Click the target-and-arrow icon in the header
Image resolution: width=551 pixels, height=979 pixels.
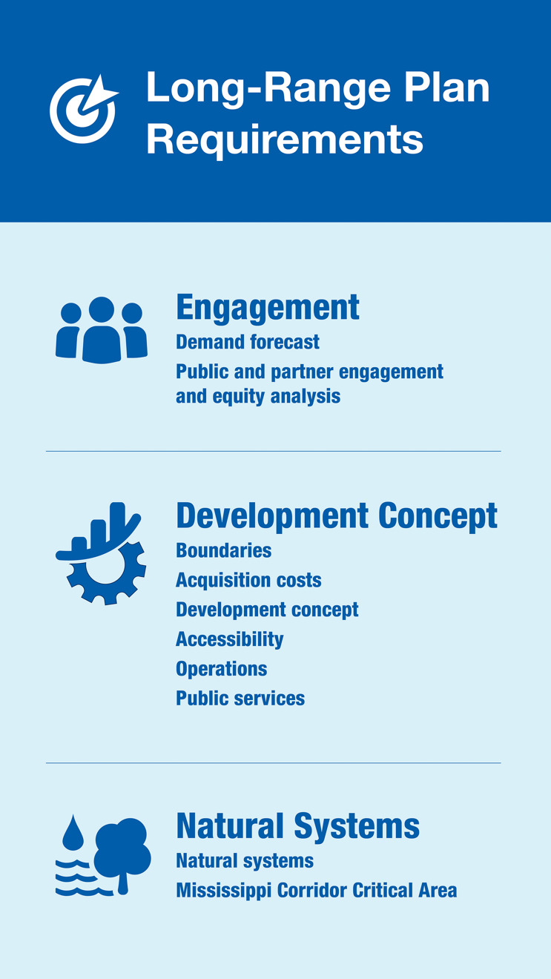point(83,109)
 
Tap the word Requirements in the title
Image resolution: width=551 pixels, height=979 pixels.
point(285,140)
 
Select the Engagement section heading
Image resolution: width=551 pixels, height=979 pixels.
point(268,308)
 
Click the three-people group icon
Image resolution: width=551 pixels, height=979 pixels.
point(102,330)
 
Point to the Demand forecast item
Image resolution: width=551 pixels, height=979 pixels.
point(247,342)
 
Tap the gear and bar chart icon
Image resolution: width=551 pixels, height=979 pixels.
point(101,553)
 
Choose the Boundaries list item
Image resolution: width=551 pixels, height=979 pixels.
point(224,550)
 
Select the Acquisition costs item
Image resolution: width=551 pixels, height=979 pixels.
point(248,580)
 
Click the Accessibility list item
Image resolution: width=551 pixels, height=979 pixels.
point(230,639)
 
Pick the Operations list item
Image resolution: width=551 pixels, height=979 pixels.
point(222,669)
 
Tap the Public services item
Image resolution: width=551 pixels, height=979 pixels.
point(240,699)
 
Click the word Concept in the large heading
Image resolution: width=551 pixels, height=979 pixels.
point(438,516)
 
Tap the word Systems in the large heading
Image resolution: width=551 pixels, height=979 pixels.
point(357,826)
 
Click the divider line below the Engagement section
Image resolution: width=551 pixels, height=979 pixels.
point(274,451)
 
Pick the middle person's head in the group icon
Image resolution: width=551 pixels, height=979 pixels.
point(102,309)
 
